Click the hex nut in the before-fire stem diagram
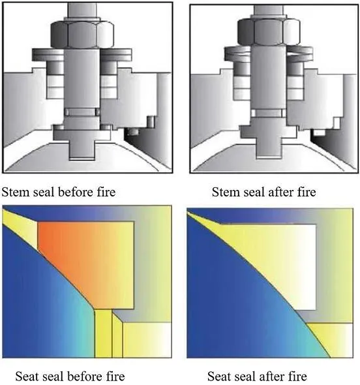point(82,35)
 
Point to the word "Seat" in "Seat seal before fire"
point(27,377)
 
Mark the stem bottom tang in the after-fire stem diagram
point(269,148)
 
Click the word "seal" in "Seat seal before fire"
point(53,377)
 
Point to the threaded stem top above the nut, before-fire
point(82,10)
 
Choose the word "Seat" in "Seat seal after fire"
point(218,377)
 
